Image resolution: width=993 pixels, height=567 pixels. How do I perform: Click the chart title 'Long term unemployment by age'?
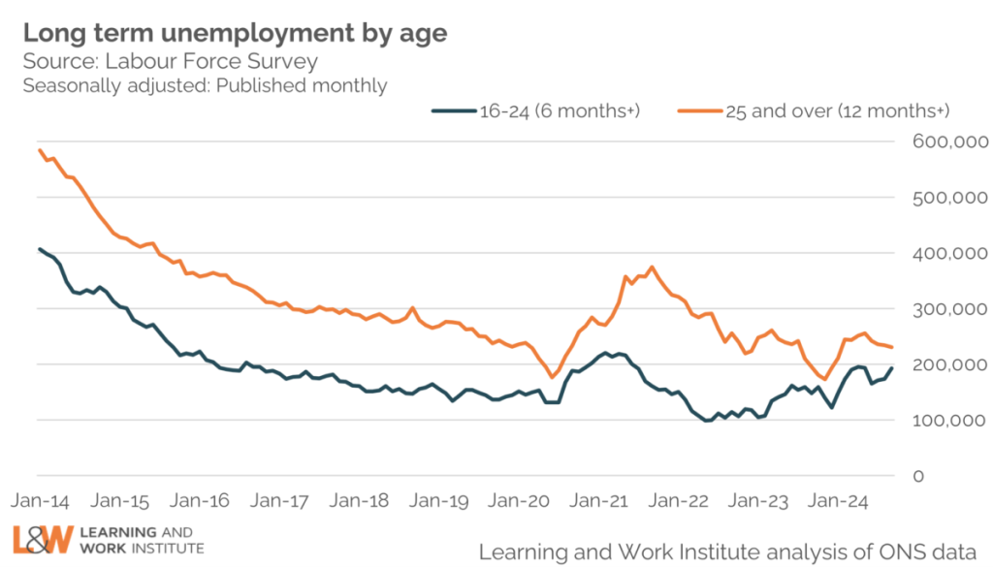coord(235,33)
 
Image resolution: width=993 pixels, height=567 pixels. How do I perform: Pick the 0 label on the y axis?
coord(918,477)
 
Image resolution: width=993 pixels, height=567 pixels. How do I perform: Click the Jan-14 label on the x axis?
coord(40,502)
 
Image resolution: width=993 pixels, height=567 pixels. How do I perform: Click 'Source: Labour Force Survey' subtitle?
coord(170,62)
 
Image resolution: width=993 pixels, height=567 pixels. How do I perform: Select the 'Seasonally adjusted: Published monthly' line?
coord(205,85)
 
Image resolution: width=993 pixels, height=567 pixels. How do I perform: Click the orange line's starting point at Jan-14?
coord(39,149)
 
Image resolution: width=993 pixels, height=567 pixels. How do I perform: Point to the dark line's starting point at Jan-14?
coord(39,249)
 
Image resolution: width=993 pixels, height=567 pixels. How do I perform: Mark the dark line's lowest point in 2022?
coord(706,421)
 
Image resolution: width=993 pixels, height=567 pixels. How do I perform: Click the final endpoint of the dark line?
coord(892,368)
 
